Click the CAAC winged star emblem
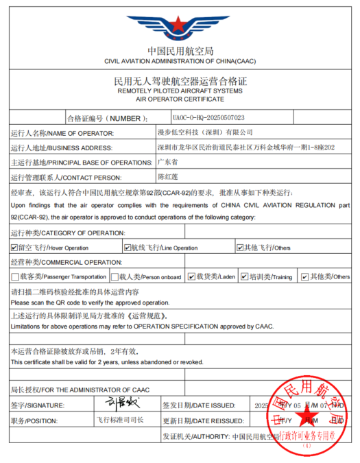point(180,25)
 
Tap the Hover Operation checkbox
point(14,248)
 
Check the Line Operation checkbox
point(128,248)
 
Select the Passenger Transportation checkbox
point(14,276)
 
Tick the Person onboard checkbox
point(115,276)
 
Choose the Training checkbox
point(243,276)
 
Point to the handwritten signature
point(121,404)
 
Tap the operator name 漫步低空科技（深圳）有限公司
point(205,132)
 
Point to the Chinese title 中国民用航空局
point(180,51)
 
